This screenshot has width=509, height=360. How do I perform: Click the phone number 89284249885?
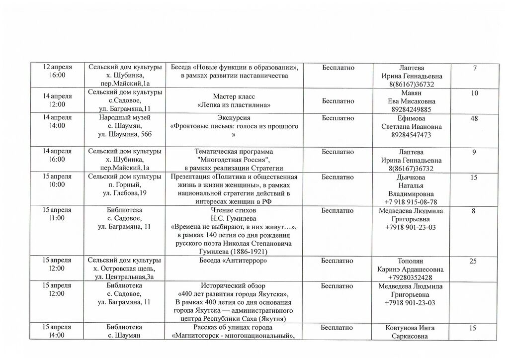tap(411, 109)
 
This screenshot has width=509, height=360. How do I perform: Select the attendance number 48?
tap(474, 118)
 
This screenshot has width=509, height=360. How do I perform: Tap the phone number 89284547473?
tap(411, 135)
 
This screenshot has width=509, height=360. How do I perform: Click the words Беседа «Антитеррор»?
tap(233, 260)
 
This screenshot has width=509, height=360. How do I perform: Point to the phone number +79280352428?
tap(411, 277)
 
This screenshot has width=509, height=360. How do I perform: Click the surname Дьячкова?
tap(411, 177)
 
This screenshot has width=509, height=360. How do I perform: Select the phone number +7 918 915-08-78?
tap(411, 202)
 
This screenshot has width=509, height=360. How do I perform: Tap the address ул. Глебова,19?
tap(124, 193)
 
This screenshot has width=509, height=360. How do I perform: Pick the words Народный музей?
tap(125, 118)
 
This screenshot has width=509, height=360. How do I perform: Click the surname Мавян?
tap(411, 93)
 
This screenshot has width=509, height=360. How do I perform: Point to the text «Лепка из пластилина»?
tap(234, 105)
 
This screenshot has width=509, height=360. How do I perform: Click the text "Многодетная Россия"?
tap(233, 160)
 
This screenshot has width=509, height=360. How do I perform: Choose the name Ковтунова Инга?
tap(410, 328)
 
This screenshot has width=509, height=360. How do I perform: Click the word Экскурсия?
tap(234, 118)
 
